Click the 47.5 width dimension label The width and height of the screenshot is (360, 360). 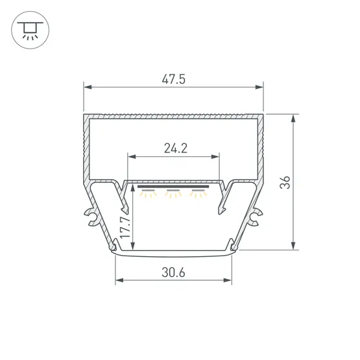point(173,79)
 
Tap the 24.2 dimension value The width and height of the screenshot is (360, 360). point(176,149)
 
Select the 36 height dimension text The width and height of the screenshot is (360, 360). point(285,182)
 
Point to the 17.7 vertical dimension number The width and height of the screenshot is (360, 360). point(125,228)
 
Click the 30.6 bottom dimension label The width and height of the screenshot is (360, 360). point(173,272)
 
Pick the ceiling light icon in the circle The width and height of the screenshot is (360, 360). point(30,30)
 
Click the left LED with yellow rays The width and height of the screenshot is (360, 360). point(149,194)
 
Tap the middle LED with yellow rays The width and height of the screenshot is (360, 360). point(173,194)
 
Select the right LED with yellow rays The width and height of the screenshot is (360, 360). point(198,194)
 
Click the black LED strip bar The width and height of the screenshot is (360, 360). point(173,186)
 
